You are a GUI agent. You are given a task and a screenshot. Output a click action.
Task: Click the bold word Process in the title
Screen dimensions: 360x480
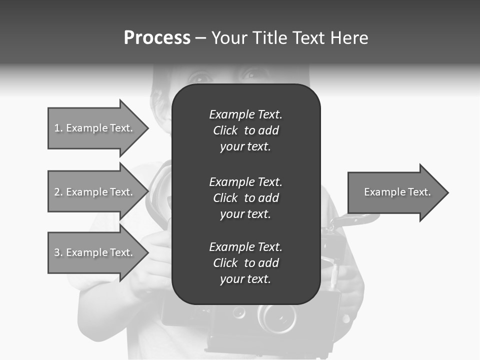click(157, 38)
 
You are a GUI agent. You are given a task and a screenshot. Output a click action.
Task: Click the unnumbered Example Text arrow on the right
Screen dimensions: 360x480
click(397, 192)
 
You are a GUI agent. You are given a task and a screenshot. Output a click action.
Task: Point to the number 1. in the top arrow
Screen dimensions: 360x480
click(58, 128)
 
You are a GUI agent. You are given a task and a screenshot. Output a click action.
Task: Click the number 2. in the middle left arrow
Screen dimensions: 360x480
click(58, 192)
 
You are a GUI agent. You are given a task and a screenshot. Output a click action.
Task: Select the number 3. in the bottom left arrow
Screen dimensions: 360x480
click(58, 252)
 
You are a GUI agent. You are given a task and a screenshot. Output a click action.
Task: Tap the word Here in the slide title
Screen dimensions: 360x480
click(349, 38)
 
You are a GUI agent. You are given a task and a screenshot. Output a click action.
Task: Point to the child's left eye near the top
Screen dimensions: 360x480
click(200, 77)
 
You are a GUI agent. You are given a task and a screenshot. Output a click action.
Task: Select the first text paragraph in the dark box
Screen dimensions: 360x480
click(245, 130)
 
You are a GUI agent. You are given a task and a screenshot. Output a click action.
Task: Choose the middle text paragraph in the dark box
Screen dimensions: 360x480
click(245, 198)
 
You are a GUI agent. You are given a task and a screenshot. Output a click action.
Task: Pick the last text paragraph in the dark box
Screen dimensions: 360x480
click(245, 263)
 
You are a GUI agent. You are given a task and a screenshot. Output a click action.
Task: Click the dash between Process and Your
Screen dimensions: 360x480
click(200, 38)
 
